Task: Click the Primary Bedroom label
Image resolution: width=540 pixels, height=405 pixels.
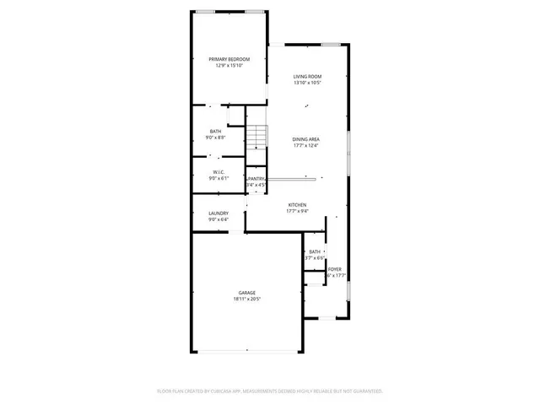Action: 229,58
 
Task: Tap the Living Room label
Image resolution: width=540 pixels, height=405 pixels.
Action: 307,77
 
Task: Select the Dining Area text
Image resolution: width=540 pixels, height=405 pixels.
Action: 306,139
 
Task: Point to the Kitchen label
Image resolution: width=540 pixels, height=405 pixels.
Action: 297,205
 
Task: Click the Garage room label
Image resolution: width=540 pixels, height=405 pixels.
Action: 246,292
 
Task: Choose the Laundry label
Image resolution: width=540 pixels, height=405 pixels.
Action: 219,213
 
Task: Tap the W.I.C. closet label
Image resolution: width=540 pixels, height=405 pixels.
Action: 218,171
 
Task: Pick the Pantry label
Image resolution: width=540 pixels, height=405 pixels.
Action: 256,179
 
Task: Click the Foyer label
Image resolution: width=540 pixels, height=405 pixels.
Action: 336,269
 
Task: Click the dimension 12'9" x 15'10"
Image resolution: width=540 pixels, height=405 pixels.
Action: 229,65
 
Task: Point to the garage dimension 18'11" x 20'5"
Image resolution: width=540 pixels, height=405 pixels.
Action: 246,299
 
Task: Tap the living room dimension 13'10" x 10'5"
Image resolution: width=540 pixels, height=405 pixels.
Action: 307,83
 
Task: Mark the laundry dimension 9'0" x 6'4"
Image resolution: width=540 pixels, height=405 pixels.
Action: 219,219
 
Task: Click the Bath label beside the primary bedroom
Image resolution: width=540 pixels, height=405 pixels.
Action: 216,131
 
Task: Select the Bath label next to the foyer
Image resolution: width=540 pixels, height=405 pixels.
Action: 315,251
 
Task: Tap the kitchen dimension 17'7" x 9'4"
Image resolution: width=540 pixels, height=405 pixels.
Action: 297,211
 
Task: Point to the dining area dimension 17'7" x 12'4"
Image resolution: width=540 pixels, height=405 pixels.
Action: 306,145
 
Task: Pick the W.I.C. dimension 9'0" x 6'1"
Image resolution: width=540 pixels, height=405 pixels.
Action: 218,177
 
